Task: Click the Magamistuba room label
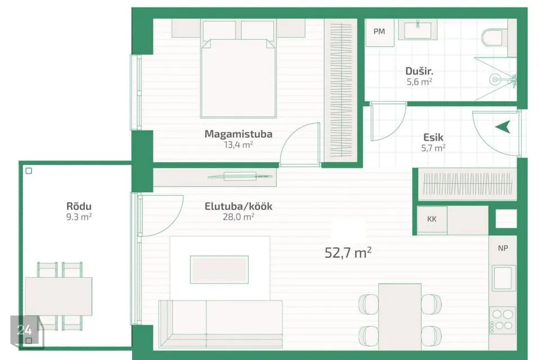click(x=238, y=134)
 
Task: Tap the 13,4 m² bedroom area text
click(x=238, y=145)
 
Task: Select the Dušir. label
click(x=419, y=71)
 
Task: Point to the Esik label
click(x=433, y=137)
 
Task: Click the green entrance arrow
click(x=503, y=127)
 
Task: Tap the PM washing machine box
click(x=380, y=33)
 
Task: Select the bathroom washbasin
click(x=418, y=30)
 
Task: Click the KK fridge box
click(x=432, y=220)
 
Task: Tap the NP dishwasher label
click(x=503, y=248)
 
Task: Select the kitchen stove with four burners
click(x=502, y=321)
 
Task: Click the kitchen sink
click(x=503, y=278)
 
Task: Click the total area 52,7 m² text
click(x=348, y=253)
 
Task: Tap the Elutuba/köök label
click(x=238, y=206)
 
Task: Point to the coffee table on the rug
click(x=219, y=270)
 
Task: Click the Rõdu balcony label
click(x=79, y=206)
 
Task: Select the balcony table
click(x=58, y=296)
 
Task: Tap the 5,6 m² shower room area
click(x=419, y=82)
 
